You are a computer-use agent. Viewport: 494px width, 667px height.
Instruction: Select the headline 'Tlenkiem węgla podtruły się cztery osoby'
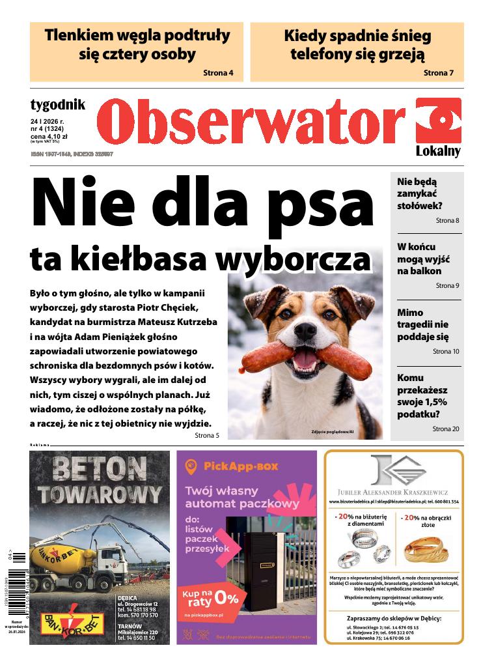[137, 44]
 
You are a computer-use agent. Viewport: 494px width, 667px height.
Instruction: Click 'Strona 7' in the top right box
[438, 72]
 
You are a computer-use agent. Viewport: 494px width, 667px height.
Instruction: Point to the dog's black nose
[305, 330]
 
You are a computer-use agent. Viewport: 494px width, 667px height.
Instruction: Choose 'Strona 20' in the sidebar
[446, 429]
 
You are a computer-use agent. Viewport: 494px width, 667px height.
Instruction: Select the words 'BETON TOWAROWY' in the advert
[99, 480]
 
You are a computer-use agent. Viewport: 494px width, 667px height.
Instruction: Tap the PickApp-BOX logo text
[240, 466]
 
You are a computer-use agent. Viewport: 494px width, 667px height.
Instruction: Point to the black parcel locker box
[260, 564]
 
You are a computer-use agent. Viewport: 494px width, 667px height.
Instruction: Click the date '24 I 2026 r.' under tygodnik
[52, 121]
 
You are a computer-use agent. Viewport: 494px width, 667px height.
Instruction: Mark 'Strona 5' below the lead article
[207, 435]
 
